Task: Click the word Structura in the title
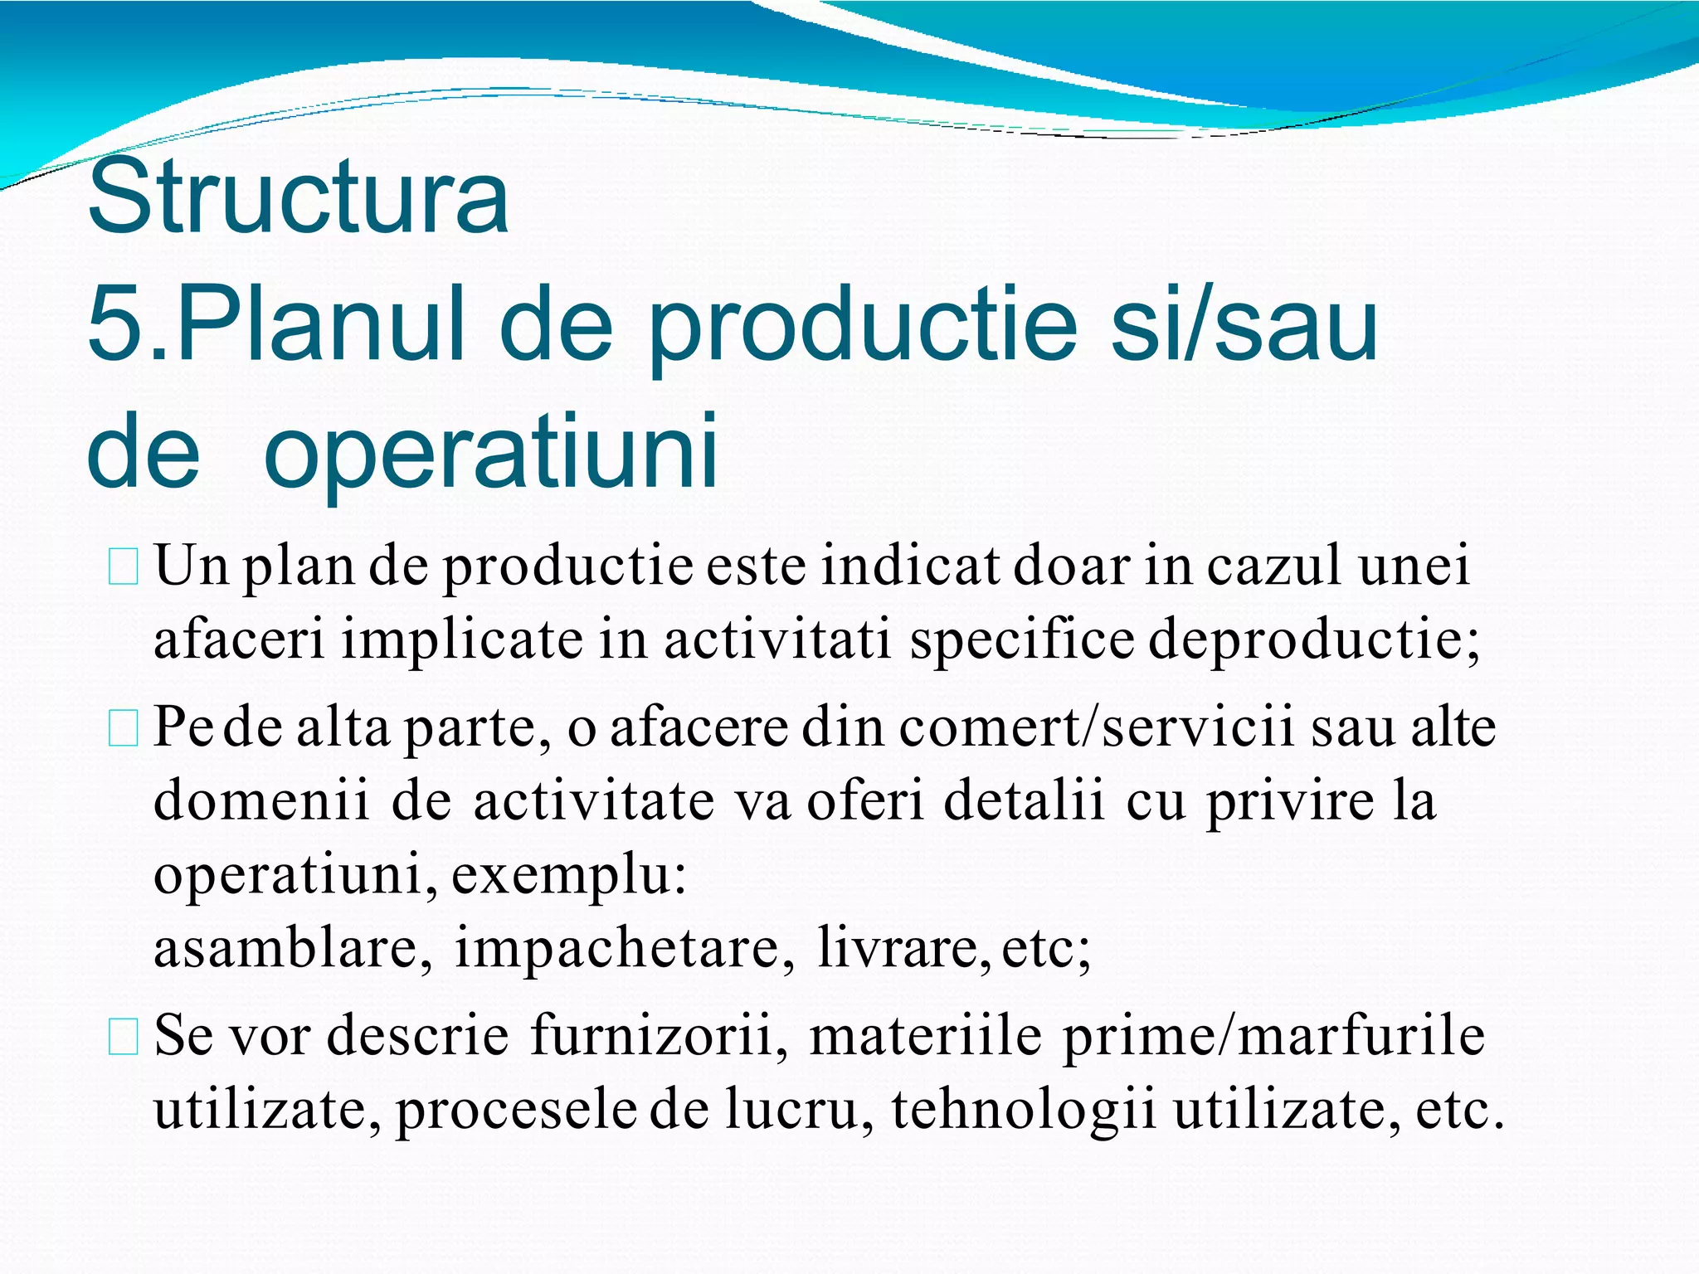[297, 197]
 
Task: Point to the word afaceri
[240, 639]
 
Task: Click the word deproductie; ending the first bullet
[1313, 641]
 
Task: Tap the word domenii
[261, 800]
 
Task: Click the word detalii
[1023, 800]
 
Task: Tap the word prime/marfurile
[1273, 1037]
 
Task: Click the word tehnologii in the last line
[1023, 1109]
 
